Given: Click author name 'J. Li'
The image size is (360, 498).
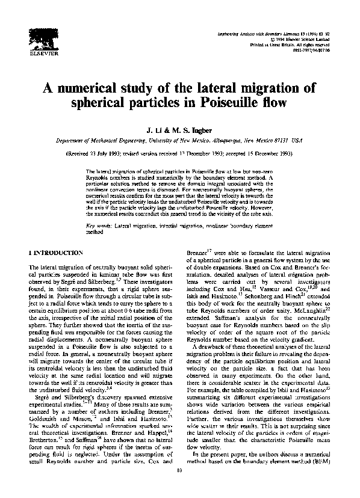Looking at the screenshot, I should [x=153, y=129].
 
